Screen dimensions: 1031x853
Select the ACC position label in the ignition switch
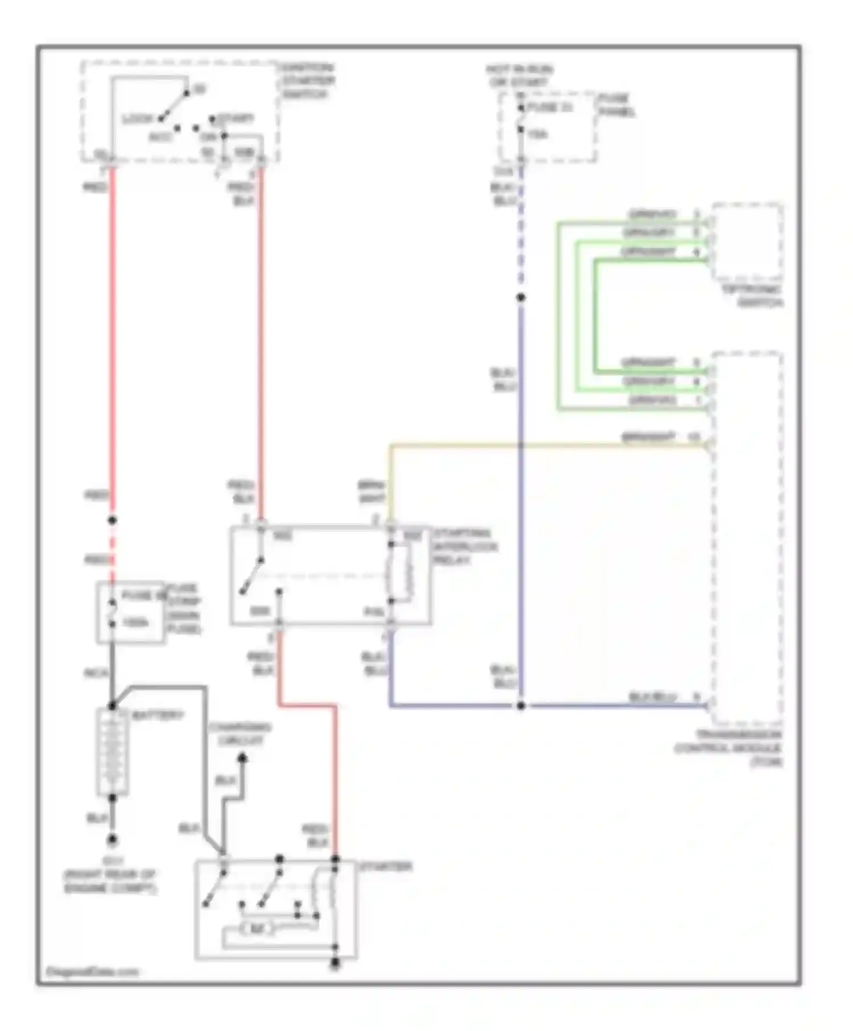click(160, 137)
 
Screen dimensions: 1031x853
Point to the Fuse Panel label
click(615, 105)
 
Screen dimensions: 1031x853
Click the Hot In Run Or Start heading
click(519, 76)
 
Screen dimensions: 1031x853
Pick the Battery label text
click(158, 715)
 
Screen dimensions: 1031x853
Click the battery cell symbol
click(113, 752)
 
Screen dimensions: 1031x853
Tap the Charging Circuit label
click(239, 734)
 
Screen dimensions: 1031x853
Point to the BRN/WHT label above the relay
click(372, 492)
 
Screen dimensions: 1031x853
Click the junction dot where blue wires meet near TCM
click(520, 706)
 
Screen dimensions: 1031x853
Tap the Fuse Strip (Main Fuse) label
click(183, 609)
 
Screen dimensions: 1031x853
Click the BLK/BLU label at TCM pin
click(652, 697)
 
